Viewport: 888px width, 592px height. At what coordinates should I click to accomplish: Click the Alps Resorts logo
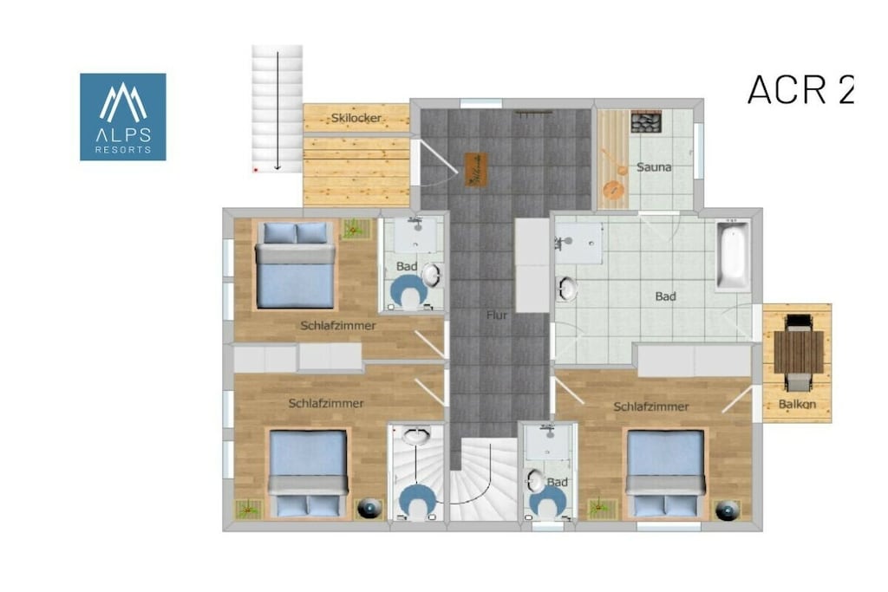pyautogui.click(x=123, y=117)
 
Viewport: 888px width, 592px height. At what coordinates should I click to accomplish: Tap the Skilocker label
pyautogui.click(x=356, y=118)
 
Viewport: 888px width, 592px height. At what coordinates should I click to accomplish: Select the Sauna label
pyautogui.click(x=654, y=167)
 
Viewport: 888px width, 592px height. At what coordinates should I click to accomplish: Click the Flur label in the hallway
pyautogui.click(x=497, y=316)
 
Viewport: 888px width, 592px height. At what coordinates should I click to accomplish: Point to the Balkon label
pyautogui.click(x=797, y=404)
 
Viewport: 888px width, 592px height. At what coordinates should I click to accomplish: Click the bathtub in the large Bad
pyautogui.click(x=732, y=257)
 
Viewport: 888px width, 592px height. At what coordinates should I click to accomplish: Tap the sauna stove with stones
pyautogui.click(x=647, y=121)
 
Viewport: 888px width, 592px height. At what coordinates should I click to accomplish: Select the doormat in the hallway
pyautogui.click(x=476, y=169)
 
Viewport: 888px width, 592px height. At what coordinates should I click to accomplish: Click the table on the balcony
pyautogui.click(x=799, y=351)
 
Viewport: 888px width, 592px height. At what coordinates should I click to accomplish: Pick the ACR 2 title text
pyautogui.click(x=800, y=89)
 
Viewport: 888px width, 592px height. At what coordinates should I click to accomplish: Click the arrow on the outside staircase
pyautogui.click(x=277, y=111)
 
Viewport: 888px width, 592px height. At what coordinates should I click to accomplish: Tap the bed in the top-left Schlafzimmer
pyautogui.click(x=295, y=265)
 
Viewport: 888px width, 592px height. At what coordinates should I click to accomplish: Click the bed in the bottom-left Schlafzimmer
pyautogui.click(x=308, y=473)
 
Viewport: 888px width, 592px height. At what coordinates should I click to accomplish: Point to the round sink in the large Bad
pyautogui.click(x=567, y=288)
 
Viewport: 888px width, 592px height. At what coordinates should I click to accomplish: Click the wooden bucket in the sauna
pyautogui.click(x=611, y=190)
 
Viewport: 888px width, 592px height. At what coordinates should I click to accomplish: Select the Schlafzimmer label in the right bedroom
pyautogui.click(x=651, y=407)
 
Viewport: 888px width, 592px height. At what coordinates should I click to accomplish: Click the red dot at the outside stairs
pyautogui.click(x=256, y=169)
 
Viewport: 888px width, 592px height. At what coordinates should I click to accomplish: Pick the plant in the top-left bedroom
pyautogui.click(x=355, y=229)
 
